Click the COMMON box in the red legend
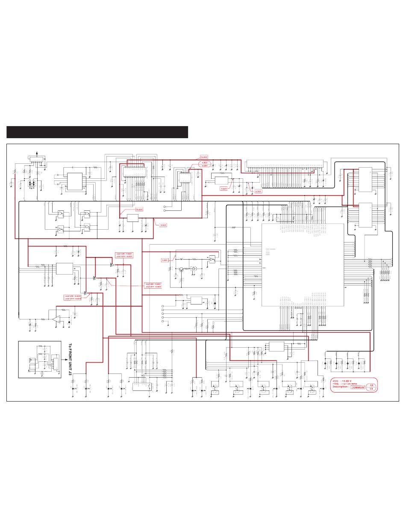click(357, 387)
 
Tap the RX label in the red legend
click(371, 385)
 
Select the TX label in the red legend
click(371, 389)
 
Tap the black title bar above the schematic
click(97, 132)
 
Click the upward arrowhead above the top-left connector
click(36, 152)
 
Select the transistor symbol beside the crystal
click(182, 269)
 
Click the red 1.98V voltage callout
click(165, 260)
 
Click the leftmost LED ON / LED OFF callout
click(73, 297)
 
